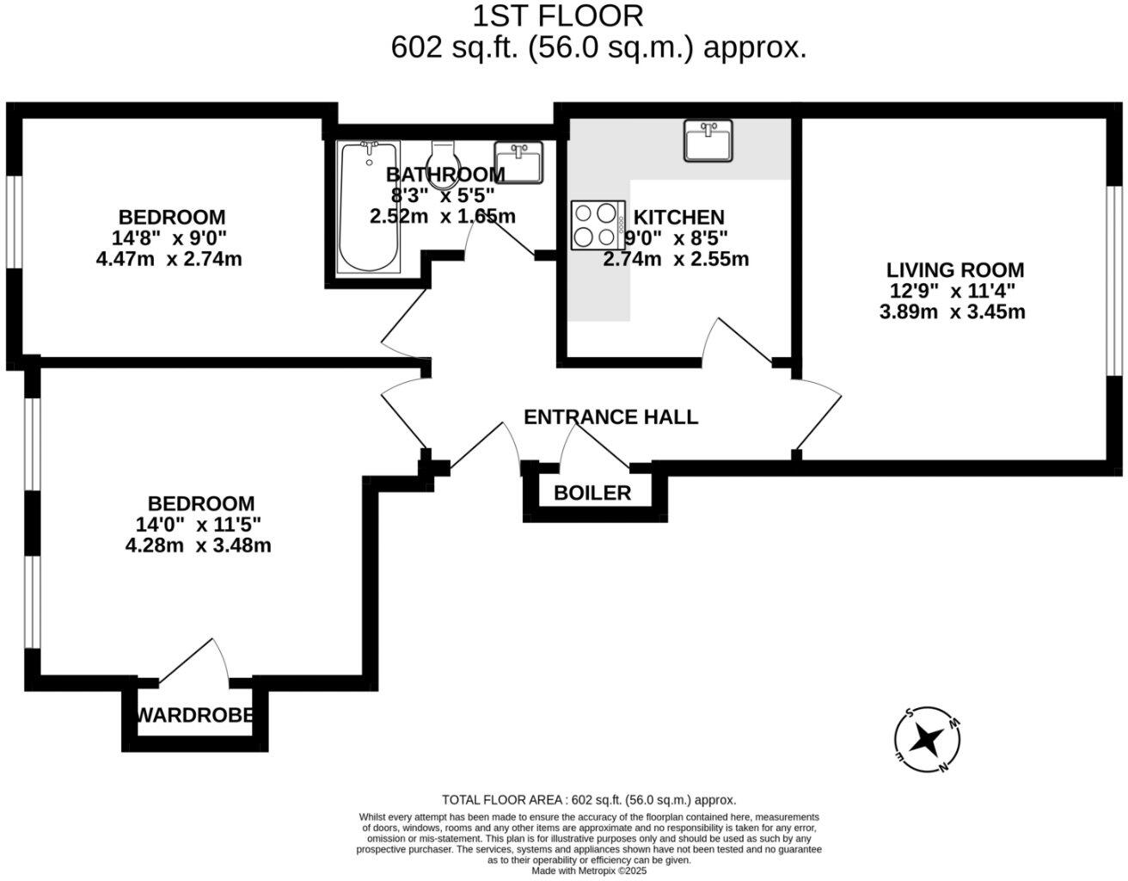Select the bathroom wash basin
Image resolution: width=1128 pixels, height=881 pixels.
coord(519,163)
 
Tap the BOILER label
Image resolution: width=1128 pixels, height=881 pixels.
coord(592,493)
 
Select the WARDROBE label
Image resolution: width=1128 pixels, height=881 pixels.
coord(195,715)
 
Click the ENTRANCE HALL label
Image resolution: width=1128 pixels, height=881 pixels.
coord(610,417)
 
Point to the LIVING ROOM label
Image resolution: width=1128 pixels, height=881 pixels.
coord(955,270)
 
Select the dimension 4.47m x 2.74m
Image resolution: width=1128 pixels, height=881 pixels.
coord(169,259)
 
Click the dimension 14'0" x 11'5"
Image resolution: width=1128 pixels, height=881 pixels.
coord(198,524)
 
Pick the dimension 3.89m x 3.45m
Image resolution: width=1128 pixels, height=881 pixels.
coord(953,311)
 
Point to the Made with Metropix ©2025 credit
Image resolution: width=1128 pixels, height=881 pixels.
coord(589,871)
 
